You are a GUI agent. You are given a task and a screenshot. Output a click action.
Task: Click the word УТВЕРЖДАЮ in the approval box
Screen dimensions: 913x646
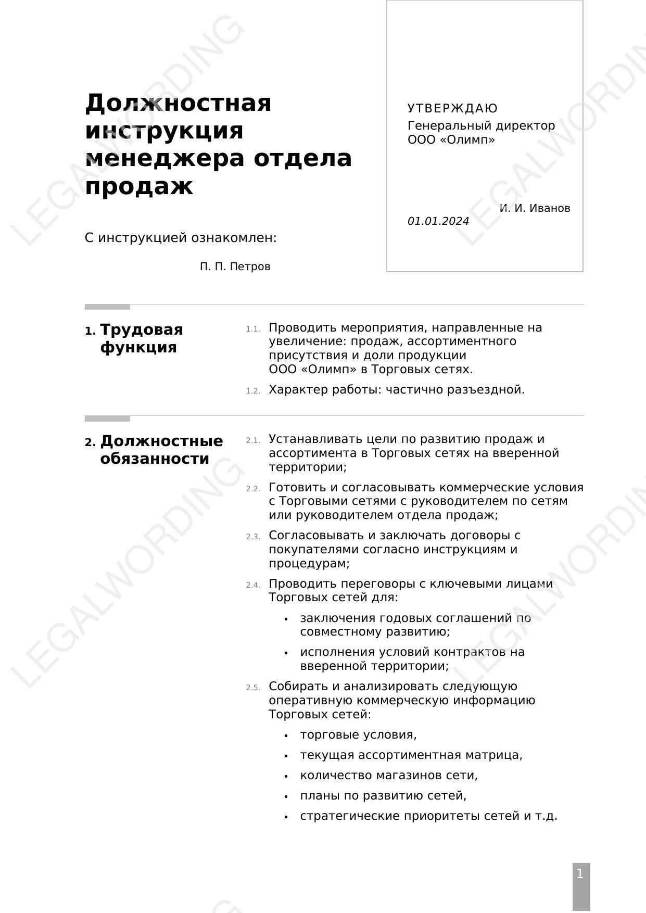[x=452, y=108]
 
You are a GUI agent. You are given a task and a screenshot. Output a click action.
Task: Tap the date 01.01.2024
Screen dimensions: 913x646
[x=438, y=221]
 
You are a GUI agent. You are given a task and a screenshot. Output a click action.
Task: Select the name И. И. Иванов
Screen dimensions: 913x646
[x=535, y=208]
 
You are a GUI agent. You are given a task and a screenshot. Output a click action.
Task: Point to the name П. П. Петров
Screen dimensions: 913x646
[x=235, y=267]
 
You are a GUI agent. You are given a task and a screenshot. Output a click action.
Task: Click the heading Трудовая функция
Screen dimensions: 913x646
[x=141, y=338]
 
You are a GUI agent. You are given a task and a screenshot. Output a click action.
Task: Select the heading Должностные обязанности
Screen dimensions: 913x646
[x=161, y=450]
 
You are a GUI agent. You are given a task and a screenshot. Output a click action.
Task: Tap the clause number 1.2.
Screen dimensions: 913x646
[x=253, y=391]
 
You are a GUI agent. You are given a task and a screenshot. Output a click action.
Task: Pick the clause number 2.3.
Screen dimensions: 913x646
[x=253, y=537]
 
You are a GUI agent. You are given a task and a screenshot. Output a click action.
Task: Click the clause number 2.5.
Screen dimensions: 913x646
[x=253, y=688]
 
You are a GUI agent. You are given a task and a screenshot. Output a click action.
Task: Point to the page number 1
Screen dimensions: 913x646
[x=580, y=874]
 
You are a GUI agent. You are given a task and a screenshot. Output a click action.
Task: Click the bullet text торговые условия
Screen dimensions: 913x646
[x=358, y=734]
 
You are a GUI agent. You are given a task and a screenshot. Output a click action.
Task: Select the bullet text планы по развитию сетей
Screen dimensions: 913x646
[x=383, y=795]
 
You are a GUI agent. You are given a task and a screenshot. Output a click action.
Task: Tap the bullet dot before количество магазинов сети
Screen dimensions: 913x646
[x=286, y=776]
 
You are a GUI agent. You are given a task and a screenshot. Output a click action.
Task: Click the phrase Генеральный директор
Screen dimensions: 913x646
[x=481, y=125]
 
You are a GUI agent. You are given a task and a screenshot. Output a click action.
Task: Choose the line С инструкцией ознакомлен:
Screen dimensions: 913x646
[x=181, y=238]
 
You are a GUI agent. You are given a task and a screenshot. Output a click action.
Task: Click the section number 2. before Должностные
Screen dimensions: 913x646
[x=90, y=442]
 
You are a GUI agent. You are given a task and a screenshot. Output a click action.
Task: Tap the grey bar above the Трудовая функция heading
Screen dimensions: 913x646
[x=107, y=307]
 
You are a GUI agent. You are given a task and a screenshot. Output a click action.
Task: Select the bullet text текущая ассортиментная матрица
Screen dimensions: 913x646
[x=411, y=755]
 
